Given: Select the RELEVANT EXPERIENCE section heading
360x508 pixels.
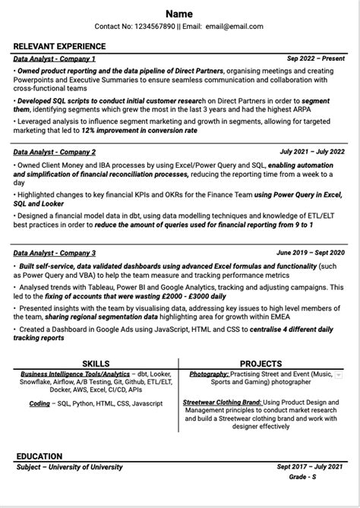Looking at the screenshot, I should (60, 46).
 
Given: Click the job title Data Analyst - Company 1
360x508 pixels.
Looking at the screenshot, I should (55, 58).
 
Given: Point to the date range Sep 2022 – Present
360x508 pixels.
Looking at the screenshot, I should (315, 58).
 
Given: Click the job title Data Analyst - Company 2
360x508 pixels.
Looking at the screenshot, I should (55, 152).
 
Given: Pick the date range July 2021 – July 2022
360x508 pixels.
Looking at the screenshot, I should (311, 152).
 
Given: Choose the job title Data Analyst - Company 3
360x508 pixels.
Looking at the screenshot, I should (55, 252).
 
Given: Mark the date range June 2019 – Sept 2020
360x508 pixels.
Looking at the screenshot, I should (310, 252).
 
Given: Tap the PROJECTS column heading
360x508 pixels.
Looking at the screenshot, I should (261, 364).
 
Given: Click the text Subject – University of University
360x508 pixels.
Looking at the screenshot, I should (69, 467).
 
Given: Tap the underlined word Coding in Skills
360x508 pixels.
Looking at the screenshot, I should (39, 404).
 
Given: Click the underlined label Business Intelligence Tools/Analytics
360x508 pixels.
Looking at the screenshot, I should (75, 374).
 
